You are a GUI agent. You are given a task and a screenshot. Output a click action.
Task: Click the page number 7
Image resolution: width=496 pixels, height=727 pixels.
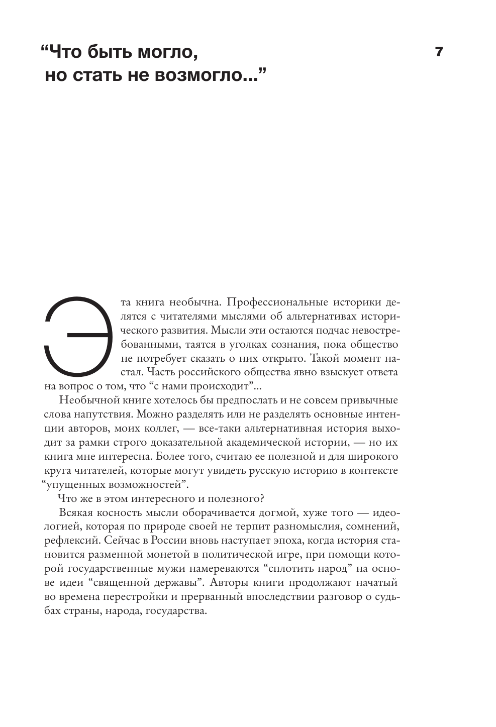(x=438, y=52)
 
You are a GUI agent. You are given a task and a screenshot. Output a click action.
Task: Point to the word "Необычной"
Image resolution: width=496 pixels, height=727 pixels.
(x=84, y=400)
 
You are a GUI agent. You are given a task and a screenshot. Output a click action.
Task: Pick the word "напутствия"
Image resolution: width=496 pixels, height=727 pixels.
(x=102, y=414)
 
